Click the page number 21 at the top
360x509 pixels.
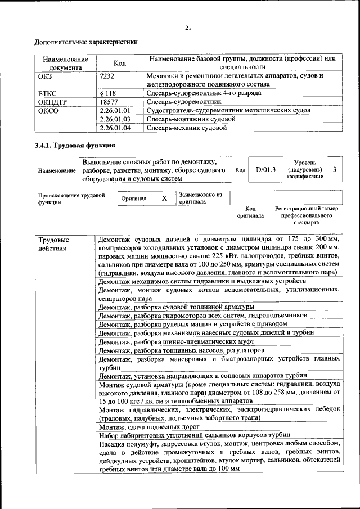tap(188, 29)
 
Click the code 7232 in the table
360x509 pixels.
tap(107, 75)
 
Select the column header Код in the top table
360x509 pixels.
tap(119, 63)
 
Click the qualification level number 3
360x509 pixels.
tap(335, 169)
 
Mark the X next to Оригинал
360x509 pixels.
tap(164, 199)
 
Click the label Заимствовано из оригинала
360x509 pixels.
tap(201, 198)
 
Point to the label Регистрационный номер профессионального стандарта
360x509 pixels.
tap(307, 215)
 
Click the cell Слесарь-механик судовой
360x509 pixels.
tap(186, 128)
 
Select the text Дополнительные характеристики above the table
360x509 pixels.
tap(86, 42)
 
